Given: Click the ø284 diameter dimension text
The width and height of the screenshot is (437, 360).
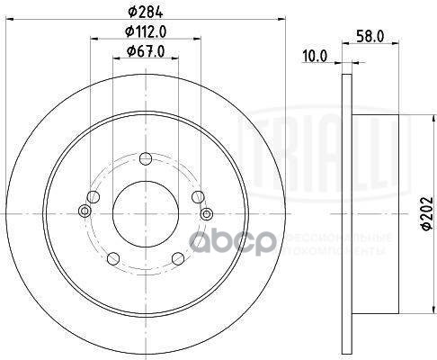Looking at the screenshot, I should coord(145,13).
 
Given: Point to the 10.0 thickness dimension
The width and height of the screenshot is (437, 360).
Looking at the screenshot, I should coord(314,56).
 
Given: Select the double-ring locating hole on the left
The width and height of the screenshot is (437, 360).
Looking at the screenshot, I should coord(84,211).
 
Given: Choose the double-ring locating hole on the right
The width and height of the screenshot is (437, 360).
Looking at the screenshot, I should coord(207,212).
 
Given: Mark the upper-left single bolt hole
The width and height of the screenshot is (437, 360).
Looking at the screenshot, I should coord(93,198).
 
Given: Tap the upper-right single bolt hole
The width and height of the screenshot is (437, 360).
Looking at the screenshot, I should coord(197,198).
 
